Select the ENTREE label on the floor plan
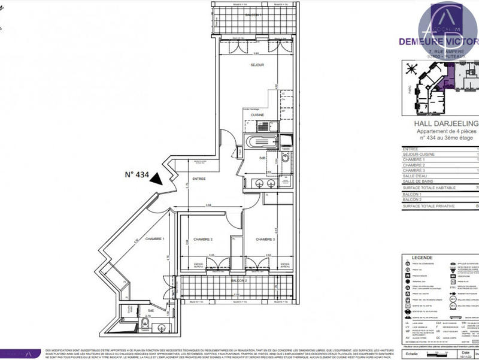[x=199, y=179]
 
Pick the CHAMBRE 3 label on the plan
[x=266, y=239]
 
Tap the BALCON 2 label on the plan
[x=239, y=280]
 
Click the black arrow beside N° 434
[x=157, y=177]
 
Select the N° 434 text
[x=137, y=175]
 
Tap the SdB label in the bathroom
[x=262, y=158]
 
